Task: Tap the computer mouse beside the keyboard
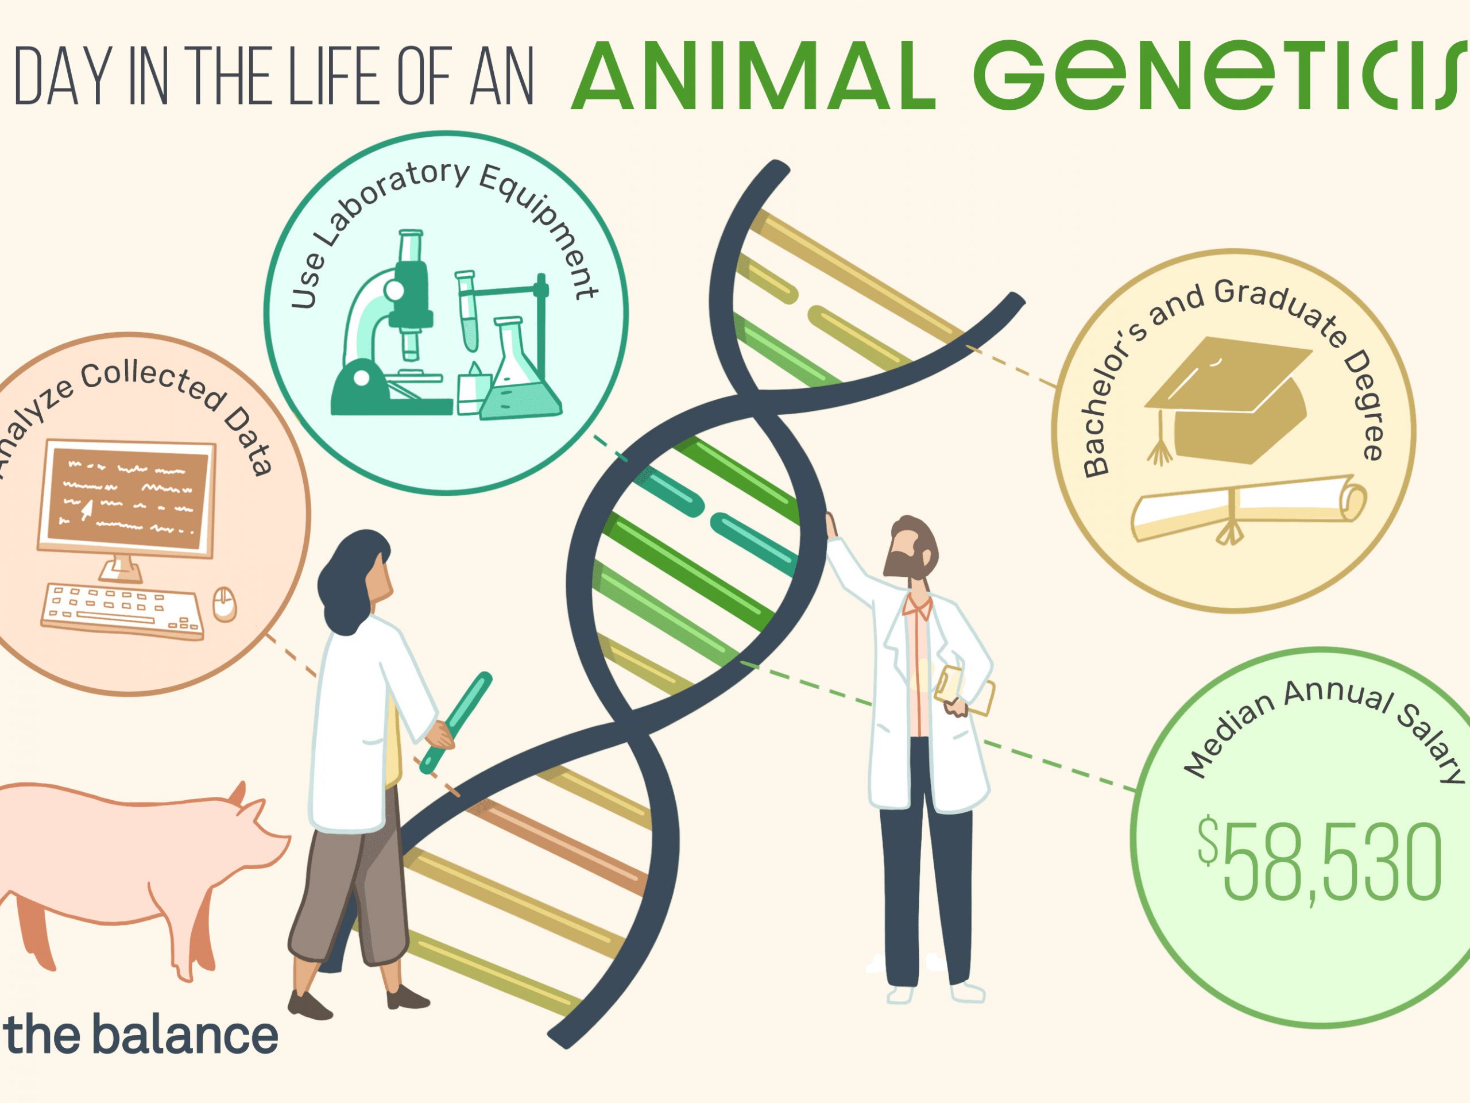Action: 224,603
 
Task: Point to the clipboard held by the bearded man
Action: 964,692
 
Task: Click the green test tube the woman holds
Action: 456,722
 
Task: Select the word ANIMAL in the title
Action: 753,76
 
